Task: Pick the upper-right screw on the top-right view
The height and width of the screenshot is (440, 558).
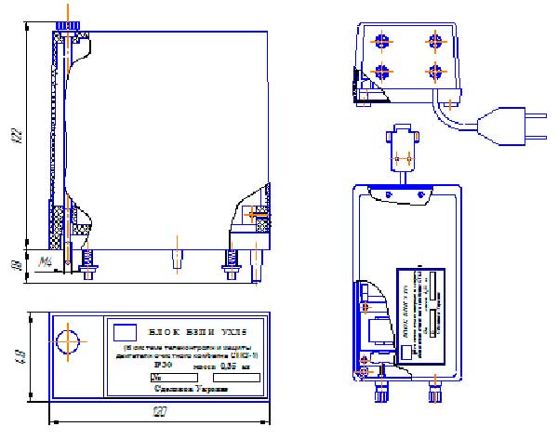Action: [x=432, y=40]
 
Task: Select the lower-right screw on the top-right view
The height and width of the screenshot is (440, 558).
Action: [x=432, y=72]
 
